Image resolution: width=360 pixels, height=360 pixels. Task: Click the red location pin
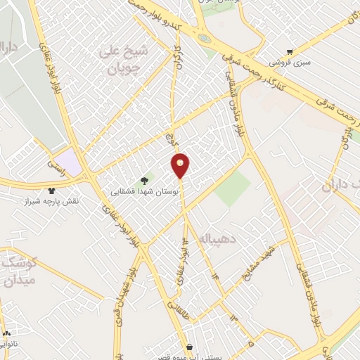[x=181, y=165]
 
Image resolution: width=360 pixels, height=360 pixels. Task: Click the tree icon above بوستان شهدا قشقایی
[x=145, y=181]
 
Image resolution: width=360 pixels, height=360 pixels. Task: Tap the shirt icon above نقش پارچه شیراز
[x=51, y=191]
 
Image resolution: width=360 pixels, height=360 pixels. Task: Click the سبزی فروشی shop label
[x=288, y=63]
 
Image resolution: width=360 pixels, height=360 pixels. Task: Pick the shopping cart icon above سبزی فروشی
[x=290, y=52]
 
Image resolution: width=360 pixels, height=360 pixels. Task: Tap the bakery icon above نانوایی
[x=7, y=334]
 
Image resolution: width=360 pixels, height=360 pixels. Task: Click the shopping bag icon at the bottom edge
[x=190, y=347]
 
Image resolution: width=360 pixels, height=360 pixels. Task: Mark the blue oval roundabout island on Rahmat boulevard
[x=204, y=38]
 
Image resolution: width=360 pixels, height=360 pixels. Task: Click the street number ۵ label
[x=250, y=344]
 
